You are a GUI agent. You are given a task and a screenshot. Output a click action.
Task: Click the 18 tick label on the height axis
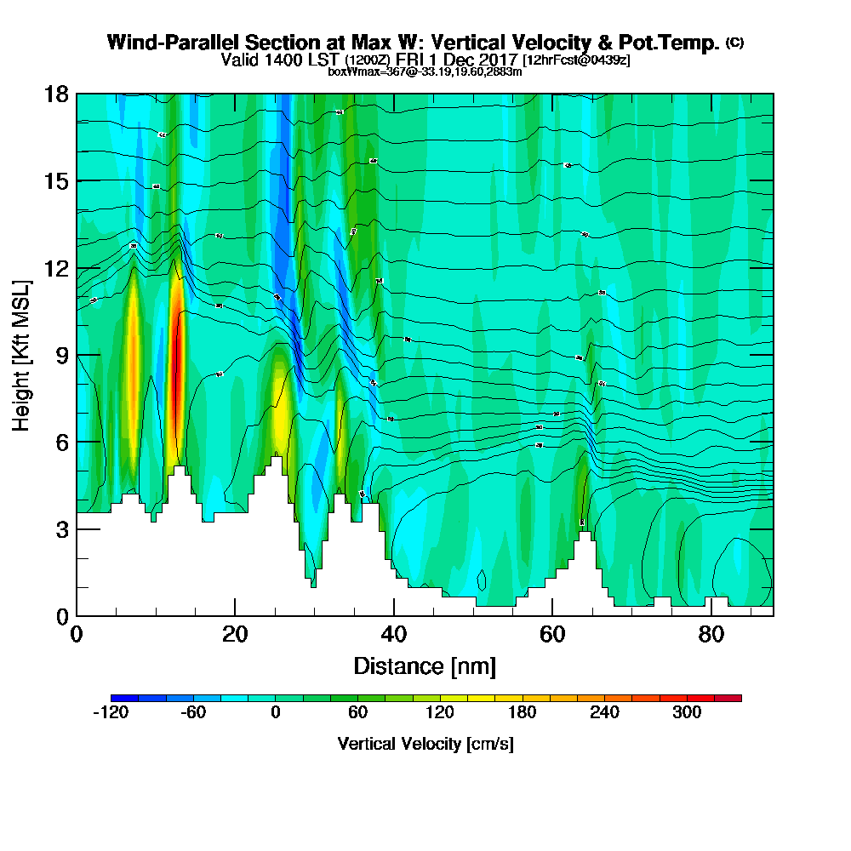coord(56,94)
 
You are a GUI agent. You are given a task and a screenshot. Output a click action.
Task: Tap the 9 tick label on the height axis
coord(61,355)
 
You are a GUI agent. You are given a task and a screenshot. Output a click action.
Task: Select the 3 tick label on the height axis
coord(61,529)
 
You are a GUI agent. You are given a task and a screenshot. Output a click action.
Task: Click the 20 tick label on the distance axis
coord(235,634)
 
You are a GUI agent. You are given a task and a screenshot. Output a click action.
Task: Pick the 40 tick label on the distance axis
coord(393,634)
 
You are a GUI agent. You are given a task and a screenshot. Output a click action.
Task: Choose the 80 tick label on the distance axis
coord(711,634)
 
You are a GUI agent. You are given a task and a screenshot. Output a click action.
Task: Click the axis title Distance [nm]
coord(425,665)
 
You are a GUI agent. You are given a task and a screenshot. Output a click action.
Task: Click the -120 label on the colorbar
coord(110,713)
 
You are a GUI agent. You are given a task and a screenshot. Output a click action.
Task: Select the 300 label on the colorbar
coord(687,713)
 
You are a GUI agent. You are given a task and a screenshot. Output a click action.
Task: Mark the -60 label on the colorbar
coord(193,713)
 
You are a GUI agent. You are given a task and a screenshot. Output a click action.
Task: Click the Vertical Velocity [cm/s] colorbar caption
coord(425,744)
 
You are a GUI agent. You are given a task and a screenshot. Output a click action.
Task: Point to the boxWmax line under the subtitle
coord(425,71)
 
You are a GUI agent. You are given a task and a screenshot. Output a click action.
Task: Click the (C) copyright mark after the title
coord(734,42)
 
